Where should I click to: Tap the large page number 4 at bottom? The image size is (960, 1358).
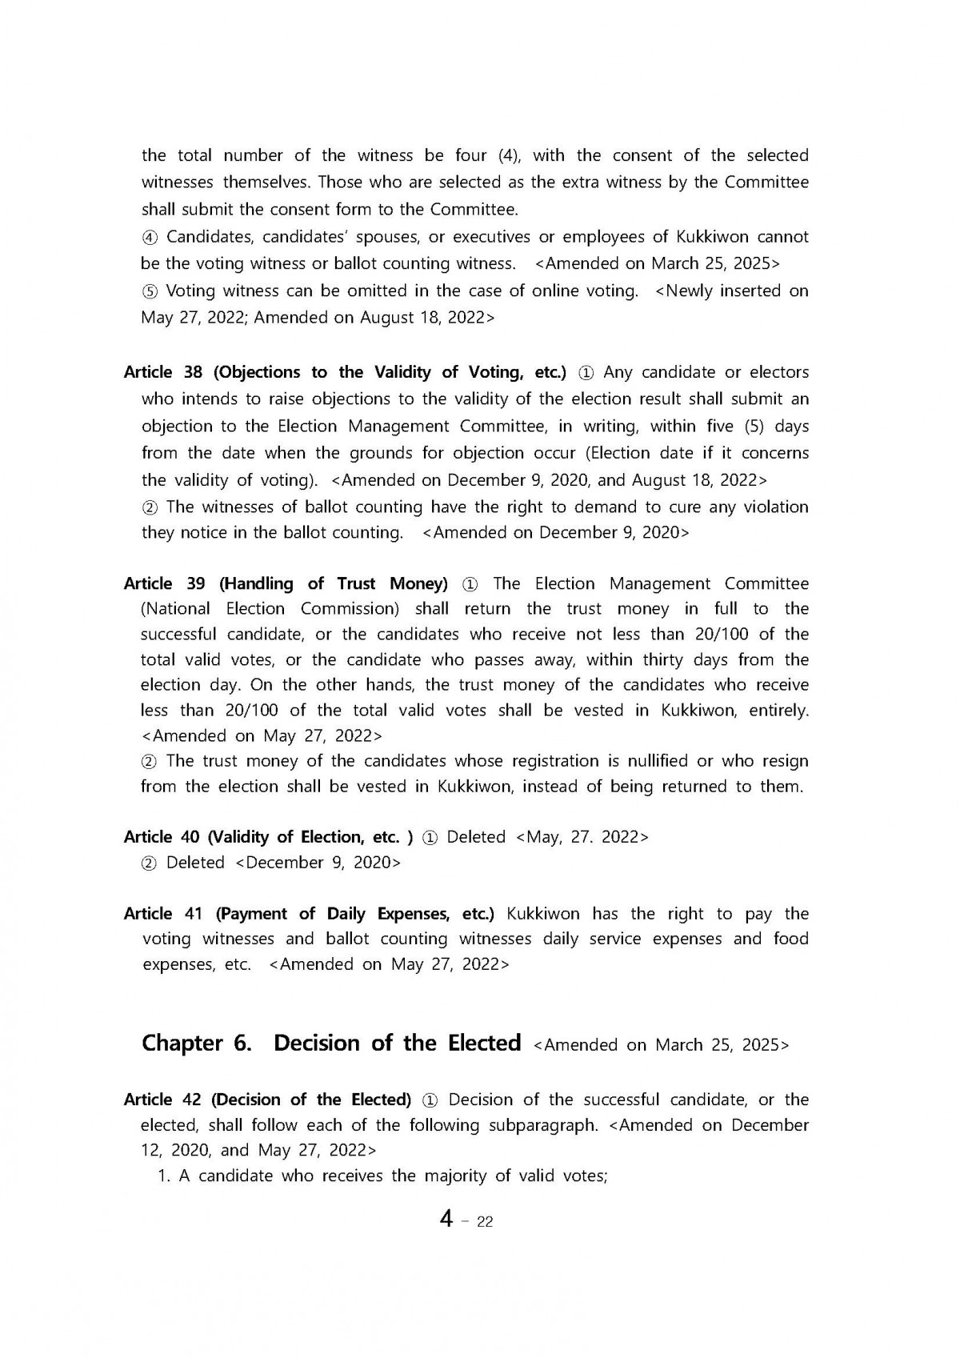446,1219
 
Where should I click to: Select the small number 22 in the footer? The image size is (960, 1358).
484,1222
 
